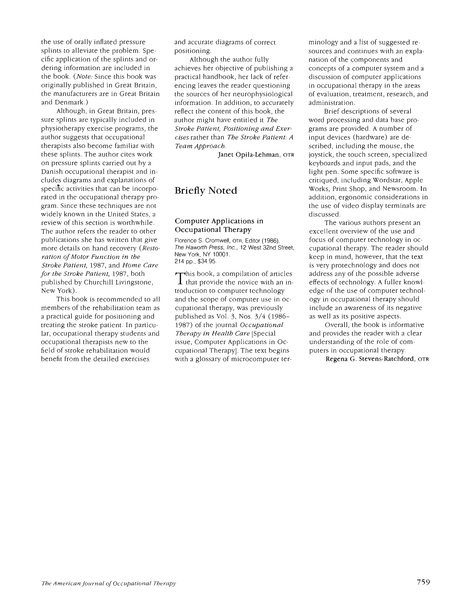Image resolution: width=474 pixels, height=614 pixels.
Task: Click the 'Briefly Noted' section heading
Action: pos(206,191)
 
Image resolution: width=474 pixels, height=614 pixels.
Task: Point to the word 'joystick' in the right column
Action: pos(319,155)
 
